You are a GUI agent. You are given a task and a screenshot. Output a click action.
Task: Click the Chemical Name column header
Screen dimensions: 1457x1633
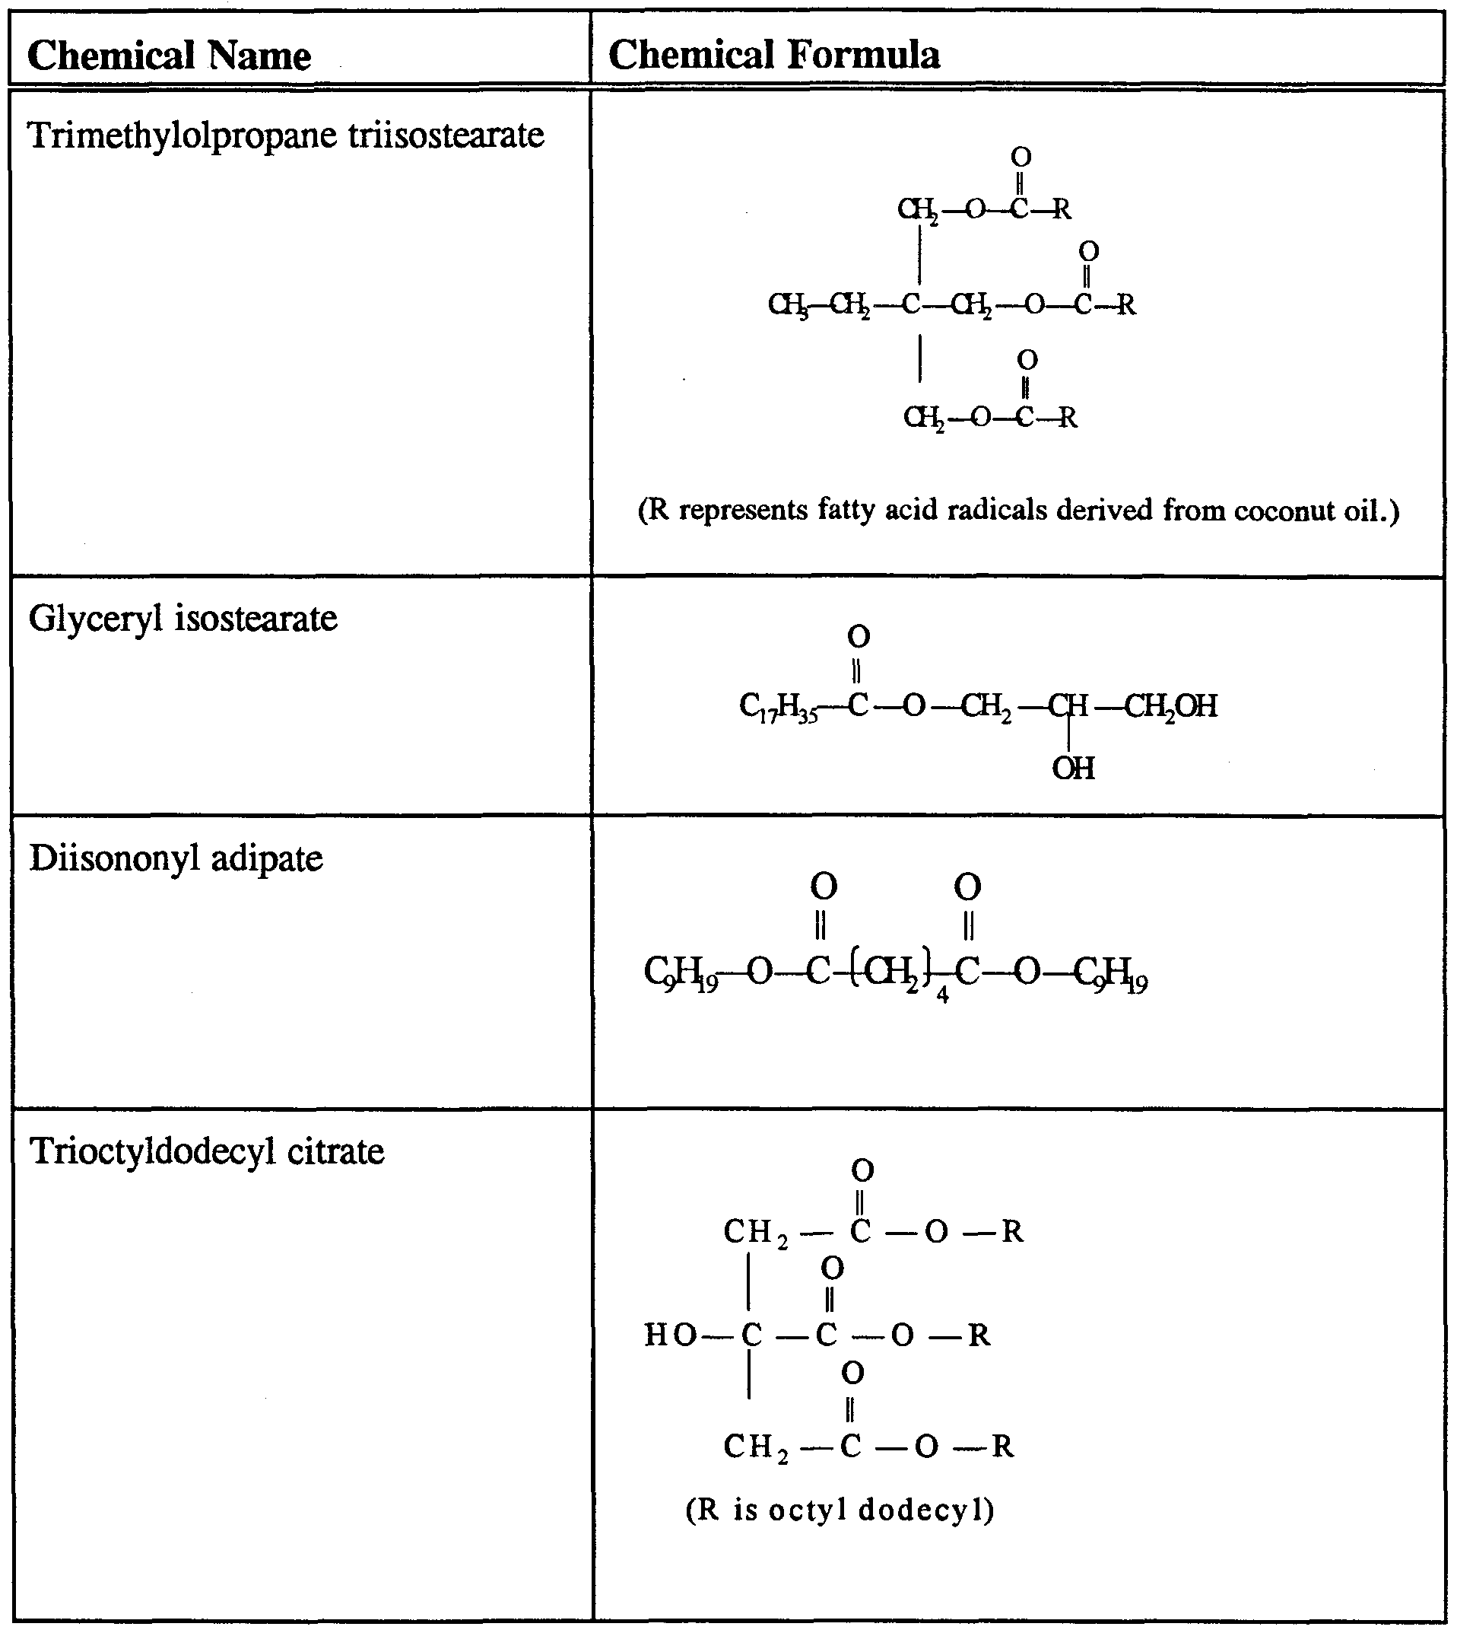click(x=169, y=56)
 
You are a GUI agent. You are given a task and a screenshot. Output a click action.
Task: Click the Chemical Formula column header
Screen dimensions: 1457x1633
click(x=773, y=56)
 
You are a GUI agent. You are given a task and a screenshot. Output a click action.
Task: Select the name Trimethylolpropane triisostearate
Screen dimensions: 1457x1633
click(x=286, y=135)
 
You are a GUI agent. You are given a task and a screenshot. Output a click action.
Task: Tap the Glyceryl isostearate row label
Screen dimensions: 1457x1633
click(x=183, y=619)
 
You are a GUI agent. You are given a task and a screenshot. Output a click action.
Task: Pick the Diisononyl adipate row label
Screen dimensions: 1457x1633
click(x=176, y=858)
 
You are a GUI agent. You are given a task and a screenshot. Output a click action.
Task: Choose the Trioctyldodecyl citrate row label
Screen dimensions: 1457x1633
click(x=207, y=1151)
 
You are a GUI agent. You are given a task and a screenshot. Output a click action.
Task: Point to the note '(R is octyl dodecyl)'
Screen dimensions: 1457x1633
click(x=840, y=1510)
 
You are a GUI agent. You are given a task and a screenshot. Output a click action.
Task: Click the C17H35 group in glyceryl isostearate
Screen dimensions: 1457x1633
click(x=778, y=708)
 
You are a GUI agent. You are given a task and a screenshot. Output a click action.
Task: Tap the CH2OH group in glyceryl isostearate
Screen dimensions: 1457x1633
click(x=1171, y=706)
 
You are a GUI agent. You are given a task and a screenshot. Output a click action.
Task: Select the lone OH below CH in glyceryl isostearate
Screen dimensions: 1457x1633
click(x=1073, y=768)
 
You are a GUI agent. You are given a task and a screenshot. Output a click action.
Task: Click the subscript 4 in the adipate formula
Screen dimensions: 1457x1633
click(x=942, y=995)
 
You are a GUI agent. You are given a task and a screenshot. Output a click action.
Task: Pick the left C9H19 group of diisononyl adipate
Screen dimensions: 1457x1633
click(x=681, y=973)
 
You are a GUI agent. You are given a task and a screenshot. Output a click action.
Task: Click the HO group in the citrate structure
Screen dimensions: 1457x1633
click(x=670, y=1335)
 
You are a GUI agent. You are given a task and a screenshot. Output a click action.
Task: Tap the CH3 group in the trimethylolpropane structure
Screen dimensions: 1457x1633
click(x=788, y=305)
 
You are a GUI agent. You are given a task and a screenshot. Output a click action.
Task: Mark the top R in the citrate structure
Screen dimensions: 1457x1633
click(x=1013, y=1232)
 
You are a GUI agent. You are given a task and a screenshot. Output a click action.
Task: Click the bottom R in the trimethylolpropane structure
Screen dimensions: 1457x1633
click(x=1067, y=417)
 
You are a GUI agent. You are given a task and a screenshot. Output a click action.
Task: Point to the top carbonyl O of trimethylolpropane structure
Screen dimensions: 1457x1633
click(x=1021, y=156)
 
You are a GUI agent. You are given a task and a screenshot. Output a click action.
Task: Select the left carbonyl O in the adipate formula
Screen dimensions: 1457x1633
click(x=824, y=887)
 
